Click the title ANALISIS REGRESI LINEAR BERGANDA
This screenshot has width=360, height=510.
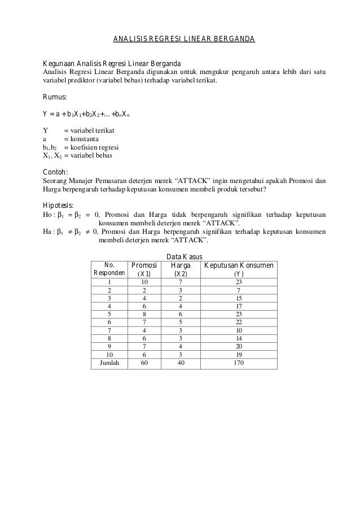pyautogui.click(x=184, y=39)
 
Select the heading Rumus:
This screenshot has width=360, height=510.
pyautogui.click(x=55, y=97)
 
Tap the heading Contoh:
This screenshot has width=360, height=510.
pyautogui.click(x=57, y=172)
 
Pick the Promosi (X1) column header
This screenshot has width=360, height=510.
pyautogui.click(x=144, y=269)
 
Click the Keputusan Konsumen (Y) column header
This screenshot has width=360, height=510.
pyautogui.click(x=239, y=269)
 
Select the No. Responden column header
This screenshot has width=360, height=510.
pyautogui.click(x=109, y=269)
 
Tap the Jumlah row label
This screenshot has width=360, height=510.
pyautogui.click(x=109, y=363)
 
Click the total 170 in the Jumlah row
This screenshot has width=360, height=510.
pyautogui.click(x=239, y=363)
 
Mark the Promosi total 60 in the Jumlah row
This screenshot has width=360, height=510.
pyautogui.click(x=144, y=363)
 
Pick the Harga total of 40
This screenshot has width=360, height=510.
pyautogui.click(x=181, y=363)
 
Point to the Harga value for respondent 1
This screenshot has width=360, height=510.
pyautogui.click(x=181, y=282)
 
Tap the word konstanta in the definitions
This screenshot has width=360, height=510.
pyautogui.click(x=84, y=138)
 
